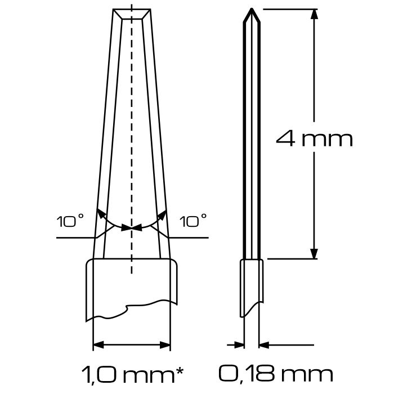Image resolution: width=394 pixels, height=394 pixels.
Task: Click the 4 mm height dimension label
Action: click(x=314, y=139)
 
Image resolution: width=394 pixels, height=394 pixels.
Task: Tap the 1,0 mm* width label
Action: click(x=132, y=375)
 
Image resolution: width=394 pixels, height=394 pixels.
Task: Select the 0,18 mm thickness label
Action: click(x=276, y=375)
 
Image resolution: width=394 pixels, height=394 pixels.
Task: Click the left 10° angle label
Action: click(x=70, y=221)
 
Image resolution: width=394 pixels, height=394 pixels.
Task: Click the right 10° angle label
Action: click(x=193, y=221)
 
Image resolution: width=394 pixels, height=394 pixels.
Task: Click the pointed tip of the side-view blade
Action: click(x=252, y=9)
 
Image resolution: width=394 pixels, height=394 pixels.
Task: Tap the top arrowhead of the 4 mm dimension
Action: click(x=314, y=14)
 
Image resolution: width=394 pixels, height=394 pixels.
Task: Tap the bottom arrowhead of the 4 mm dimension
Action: click(x=314, y=254)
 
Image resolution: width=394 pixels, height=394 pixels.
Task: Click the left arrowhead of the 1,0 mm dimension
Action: click(x=98, y=345)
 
